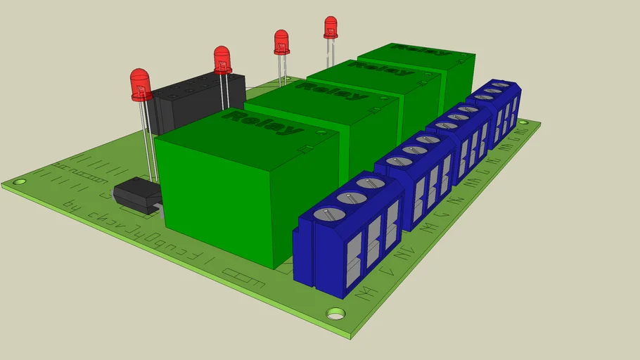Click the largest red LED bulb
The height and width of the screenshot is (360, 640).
[141, 84]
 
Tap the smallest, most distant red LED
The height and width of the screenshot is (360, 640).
[331, 27]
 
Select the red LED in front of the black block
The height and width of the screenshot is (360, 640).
[222, 60]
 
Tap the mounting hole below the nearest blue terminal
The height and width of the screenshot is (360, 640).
[336, 313]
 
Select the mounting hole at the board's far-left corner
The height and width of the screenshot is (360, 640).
[20, 181]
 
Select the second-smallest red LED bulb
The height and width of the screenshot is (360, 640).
[281, 41]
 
